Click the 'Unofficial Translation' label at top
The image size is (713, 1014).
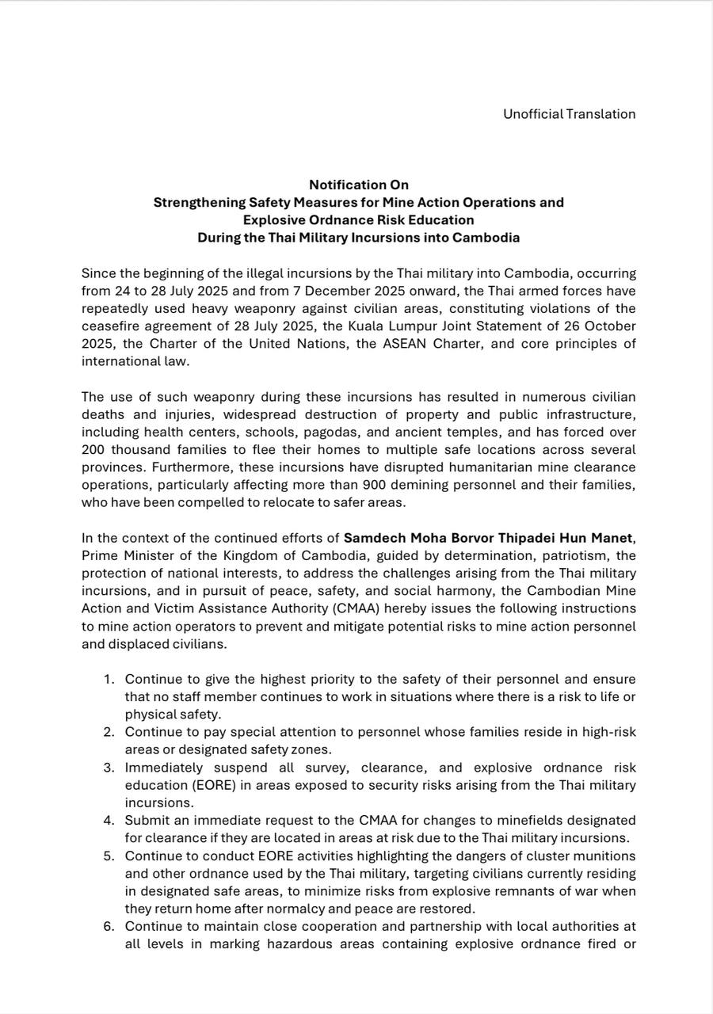[x=569, y=114]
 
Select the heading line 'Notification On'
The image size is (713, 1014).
[x=358, y=185]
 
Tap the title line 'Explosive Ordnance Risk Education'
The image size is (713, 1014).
[x=358, y=220]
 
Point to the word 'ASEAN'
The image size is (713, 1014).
[x=401, y=344]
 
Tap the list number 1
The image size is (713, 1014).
[x=108, y=679]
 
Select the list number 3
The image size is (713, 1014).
[x=108, y=768]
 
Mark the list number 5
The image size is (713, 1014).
[x=108, y=856]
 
